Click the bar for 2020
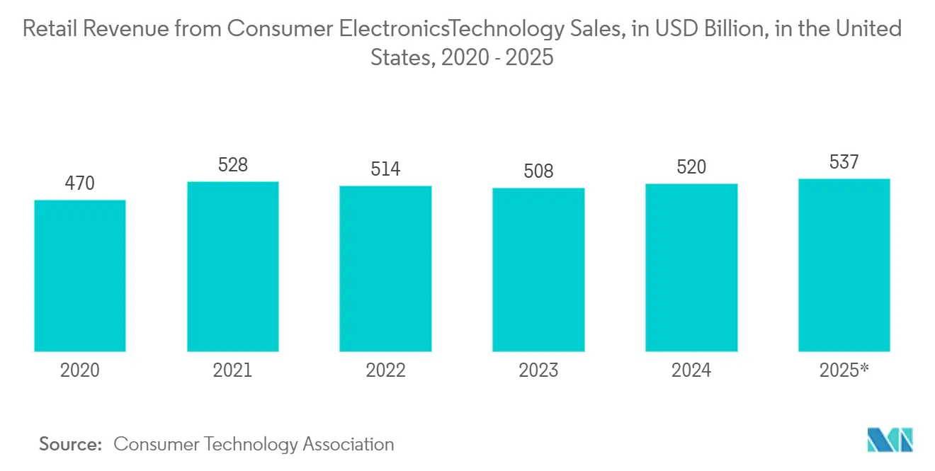click(80, 276)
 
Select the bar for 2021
click(233, 266)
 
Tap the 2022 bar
click(385, 268)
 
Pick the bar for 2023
click(538, 270)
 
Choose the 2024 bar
click(691, 268)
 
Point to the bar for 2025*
click(844, 265)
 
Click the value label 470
click(80, 184)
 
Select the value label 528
click(233, 165)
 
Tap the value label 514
click(385, 169)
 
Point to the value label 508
click(538, 171)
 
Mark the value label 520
click(691, 167)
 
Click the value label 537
click(844, 162)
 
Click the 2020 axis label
click(80, 370)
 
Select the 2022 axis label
click(385, 370)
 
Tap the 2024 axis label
click(691, 370)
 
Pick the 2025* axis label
click(844, 370)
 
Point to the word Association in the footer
click(348, 444)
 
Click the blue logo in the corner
click(890, 440)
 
